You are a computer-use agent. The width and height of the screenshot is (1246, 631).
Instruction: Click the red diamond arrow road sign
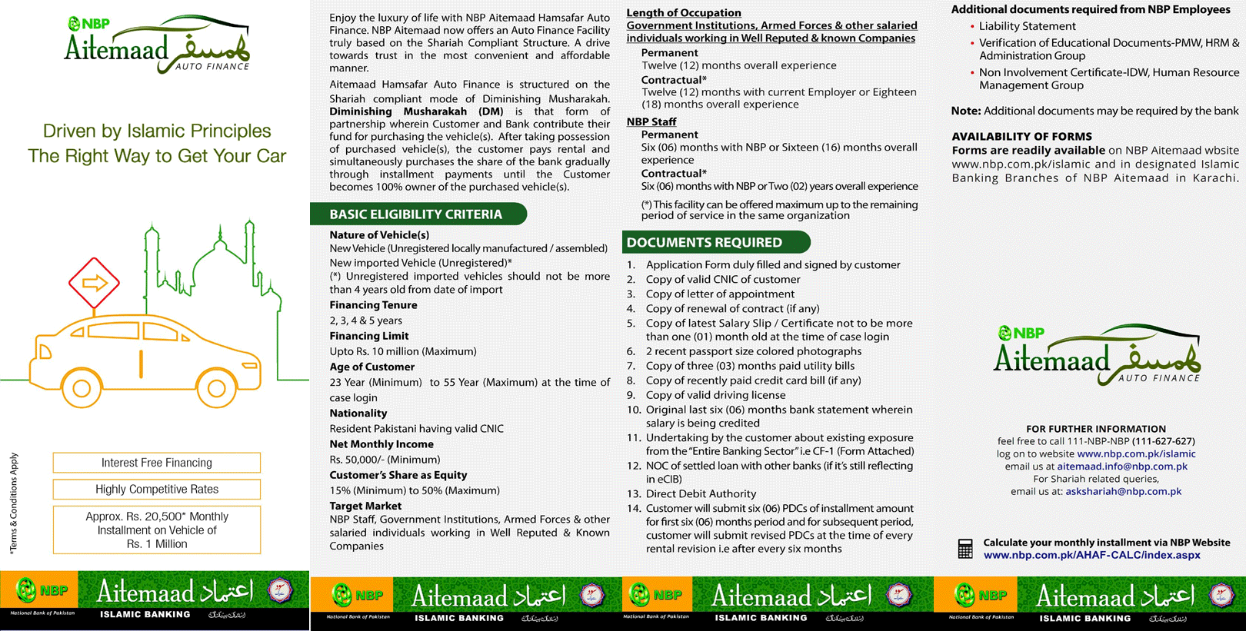point(94,283)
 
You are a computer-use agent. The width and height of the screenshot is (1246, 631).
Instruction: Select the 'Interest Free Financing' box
point(157,463)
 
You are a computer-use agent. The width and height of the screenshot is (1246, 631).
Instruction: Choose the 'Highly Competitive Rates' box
point(157,490)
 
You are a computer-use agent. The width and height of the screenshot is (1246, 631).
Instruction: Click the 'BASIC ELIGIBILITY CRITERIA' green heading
point(416,214)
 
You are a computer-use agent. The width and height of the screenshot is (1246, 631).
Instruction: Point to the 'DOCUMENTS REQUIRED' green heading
point(705,243)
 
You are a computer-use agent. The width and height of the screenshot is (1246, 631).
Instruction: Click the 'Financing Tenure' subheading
point(373,305)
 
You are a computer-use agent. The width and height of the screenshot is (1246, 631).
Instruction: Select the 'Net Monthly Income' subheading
point(381,444)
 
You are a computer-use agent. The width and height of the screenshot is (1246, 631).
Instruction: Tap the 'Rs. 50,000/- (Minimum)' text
point(385,460)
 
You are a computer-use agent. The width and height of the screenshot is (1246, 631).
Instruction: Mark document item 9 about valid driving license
point(715,395)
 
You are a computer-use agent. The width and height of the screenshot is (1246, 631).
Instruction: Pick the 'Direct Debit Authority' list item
point(701,493)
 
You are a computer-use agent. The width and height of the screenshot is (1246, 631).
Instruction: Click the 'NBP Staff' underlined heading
point(651,121)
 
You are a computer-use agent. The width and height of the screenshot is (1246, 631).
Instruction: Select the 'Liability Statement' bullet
point(1027,26)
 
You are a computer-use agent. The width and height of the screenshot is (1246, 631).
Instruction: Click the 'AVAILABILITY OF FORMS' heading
point(1021,137)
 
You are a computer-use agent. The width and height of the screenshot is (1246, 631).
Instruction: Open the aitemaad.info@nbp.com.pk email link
point(1122,467)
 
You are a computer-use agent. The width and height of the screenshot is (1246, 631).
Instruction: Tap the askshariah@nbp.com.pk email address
point(1123,491)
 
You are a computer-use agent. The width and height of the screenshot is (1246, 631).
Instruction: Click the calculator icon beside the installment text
point(965,549)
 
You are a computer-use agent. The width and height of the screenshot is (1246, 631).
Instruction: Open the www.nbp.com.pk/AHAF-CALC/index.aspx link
point(1091,555)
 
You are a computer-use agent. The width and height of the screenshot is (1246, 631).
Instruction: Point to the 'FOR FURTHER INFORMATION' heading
point(1095,429)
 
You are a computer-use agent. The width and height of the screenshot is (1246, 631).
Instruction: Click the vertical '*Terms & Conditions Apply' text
point(13,503)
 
